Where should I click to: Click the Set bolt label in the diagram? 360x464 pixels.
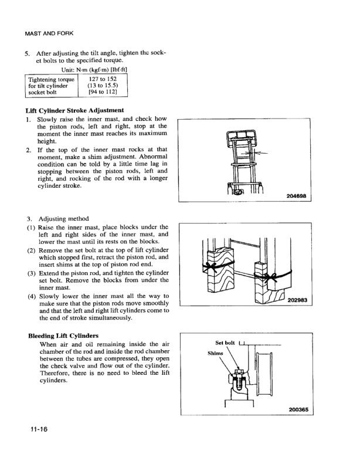click(x=225, y=343)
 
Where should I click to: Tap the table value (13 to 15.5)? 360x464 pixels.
click(x=103, y=86)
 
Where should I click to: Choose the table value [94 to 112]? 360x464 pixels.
click(x=103, y=93)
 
